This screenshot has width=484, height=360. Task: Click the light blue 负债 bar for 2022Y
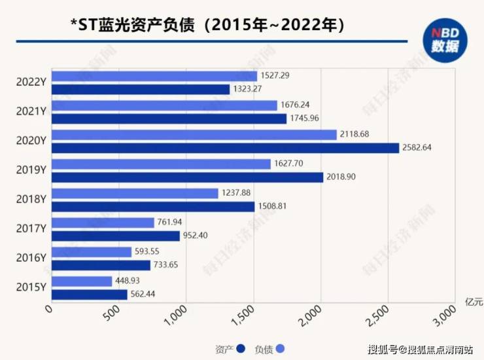pos(154,76)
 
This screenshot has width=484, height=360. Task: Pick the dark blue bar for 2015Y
pos(89,295)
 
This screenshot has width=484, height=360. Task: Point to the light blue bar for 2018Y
pos(134,193)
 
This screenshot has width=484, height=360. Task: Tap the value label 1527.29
pos(275,76)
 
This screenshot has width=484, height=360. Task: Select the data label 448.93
pos(129,281)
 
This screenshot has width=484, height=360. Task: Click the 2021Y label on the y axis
pos(31,111)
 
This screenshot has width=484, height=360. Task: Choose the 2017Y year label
pos(31,228)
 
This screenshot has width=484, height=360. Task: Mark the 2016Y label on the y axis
pos(31,258)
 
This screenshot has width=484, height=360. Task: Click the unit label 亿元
pos(473,301)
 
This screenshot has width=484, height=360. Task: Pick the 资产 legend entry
pos(230,348)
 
